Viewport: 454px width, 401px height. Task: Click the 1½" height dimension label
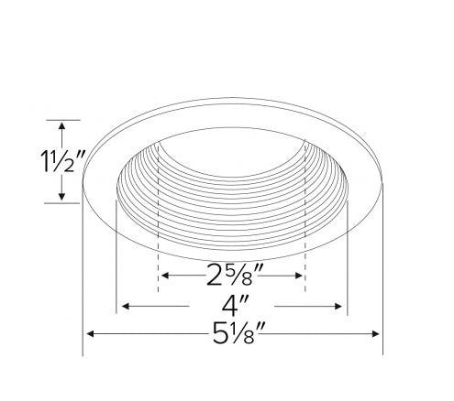click(x=62, y=161)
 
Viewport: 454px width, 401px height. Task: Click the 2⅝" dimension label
click(x=234, y=275)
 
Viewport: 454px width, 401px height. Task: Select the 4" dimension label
click(x=235, y=306)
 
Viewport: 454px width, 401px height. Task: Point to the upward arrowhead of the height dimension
click(x=61, y=125)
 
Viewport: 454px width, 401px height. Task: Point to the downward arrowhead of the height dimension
click(x=61, y=197)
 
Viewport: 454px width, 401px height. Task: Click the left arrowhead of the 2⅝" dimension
click(x=165, y=276)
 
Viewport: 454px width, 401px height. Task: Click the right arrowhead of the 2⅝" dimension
click(x=298, y=276)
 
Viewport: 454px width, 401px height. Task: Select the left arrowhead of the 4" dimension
click(x=126, y=306)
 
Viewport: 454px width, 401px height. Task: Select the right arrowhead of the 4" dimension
click(x=338, y=306)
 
